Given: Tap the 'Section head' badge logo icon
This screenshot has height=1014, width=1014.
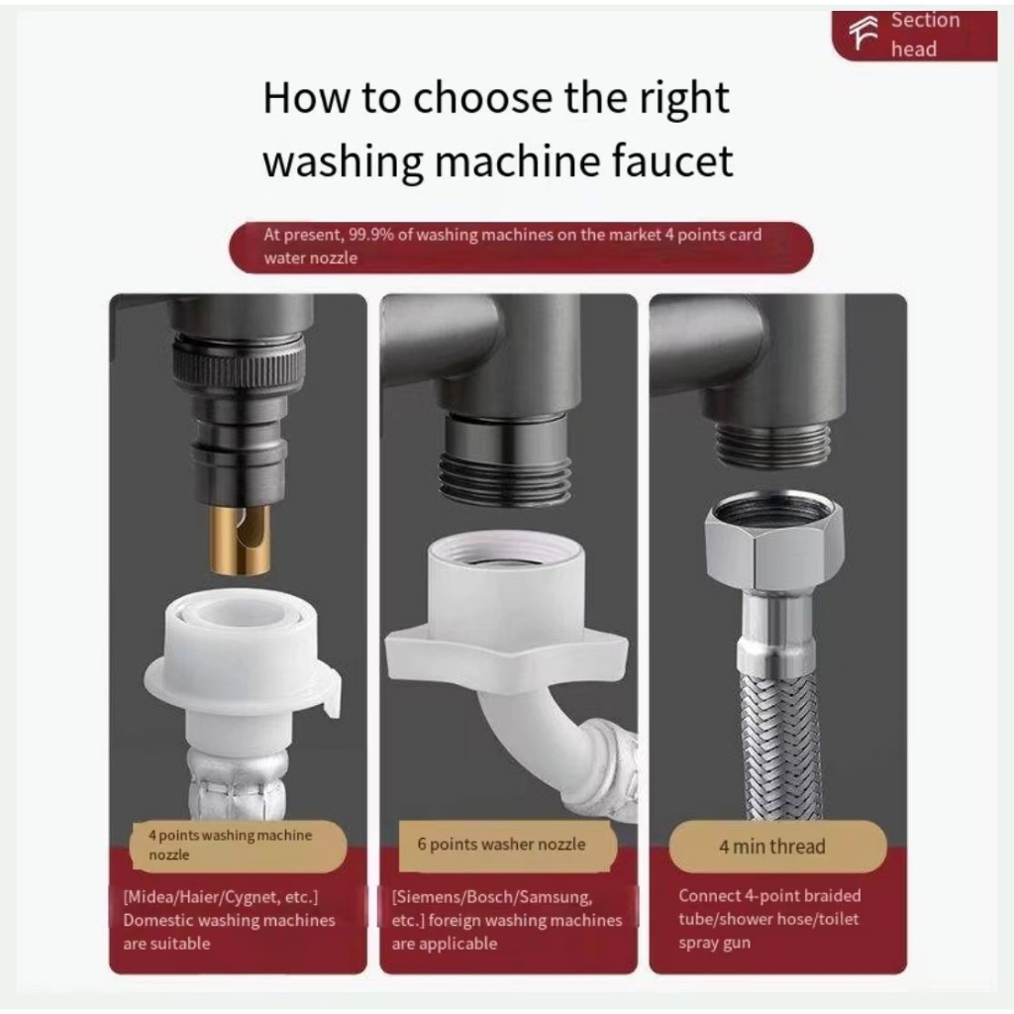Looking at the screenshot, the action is pyautogui.click(x=863, y=33).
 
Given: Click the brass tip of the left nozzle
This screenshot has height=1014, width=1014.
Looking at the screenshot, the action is pyautogui.click(x=240, y=540).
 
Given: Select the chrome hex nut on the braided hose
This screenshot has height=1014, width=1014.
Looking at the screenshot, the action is pyautogui.click(x=774, y=542).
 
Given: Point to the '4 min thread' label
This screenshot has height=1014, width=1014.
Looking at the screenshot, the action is pyautogui.click(x=772, y=847).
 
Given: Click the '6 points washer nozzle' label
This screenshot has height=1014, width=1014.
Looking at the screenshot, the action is pyautogui.click(x=501, y=844).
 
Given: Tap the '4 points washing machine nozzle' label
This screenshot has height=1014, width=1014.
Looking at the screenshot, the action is pyautogui.click(x=230, y=845).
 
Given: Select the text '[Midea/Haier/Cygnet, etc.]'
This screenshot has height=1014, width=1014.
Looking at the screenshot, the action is pyautogui.click(x=221, y=897).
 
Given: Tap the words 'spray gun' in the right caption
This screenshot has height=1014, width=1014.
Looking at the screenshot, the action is pyautogui.click(x=715, y=943).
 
